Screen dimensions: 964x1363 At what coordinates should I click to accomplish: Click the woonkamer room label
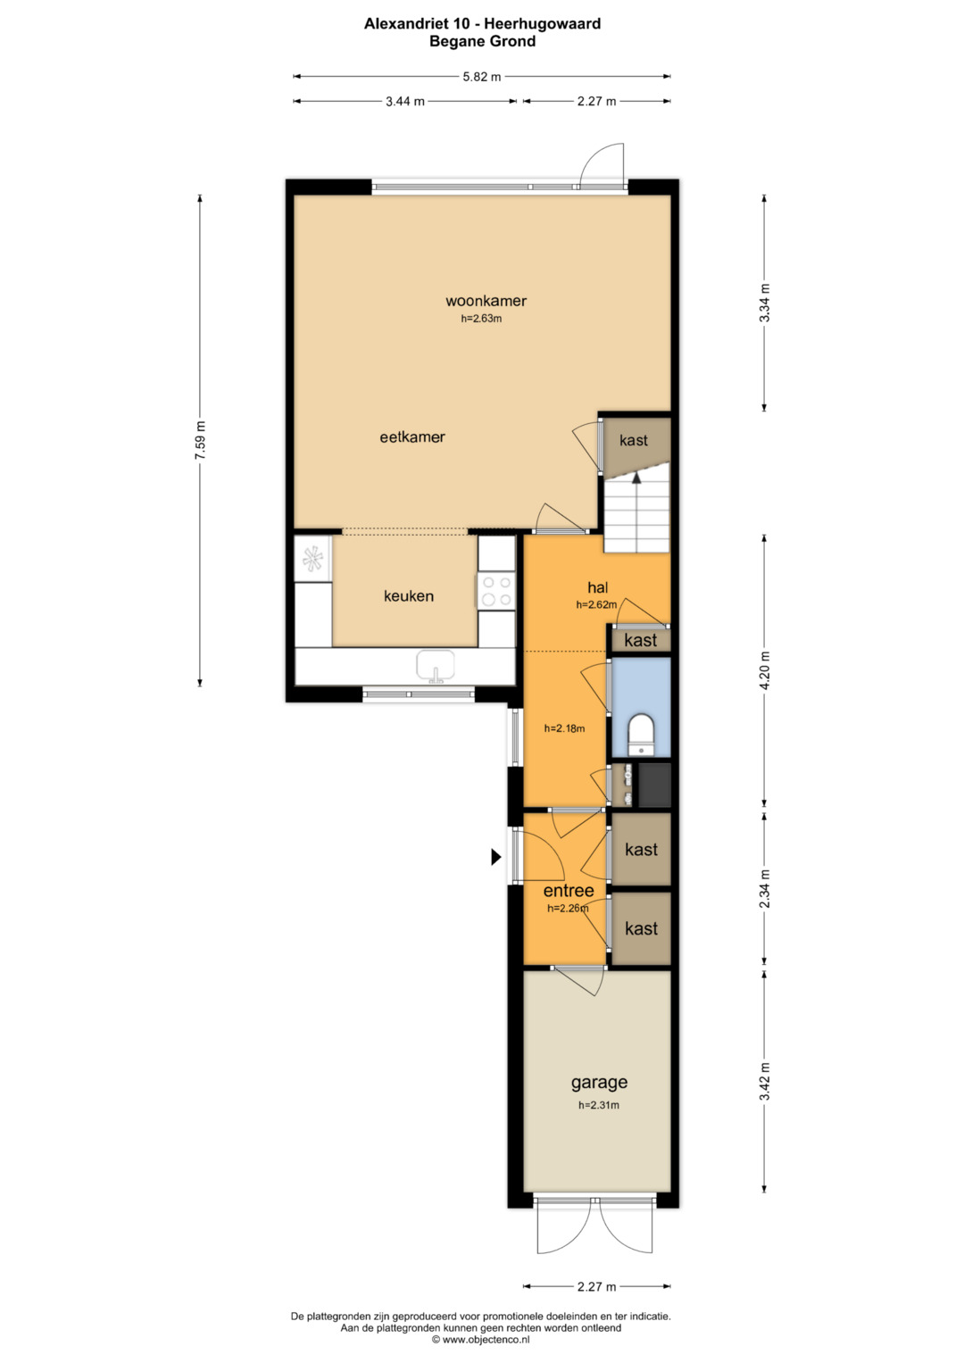486,301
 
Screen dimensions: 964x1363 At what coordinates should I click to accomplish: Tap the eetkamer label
412,436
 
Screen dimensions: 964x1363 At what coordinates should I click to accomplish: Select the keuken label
409,595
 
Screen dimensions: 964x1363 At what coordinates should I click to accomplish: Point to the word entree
569,891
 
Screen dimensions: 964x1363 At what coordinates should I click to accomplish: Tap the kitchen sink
436,666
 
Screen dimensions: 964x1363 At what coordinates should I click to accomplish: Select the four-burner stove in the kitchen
496,591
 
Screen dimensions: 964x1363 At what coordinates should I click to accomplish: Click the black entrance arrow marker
496,857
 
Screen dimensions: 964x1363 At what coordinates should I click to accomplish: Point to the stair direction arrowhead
636,478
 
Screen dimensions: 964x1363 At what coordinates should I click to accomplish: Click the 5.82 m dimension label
482,77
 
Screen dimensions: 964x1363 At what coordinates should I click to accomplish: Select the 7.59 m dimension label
200,440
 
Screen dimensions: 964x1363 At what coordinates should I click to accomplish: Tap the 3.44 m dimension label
405,102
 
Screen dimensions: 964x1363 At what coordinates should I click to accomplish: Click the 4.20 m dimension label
765,670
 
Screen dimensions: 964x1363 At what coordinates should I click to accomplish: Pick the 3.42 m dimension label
765,1081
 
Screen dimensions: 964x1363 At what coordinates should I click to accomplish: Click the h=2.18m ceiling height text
564,728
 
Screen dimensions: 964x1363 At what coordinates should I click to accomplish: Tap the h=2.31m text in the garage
599,1105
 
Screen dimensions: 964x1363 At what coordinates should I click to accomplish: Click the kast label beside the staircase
634,440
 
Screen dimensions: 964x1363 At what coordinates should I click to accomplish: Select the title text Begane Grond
483,41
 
